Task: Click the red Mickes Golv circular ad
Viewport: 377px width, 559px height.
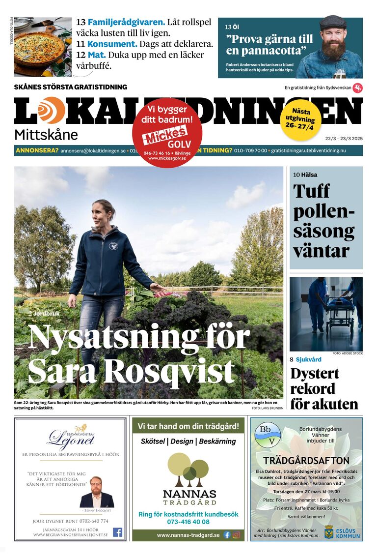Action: click(x=167, y=132)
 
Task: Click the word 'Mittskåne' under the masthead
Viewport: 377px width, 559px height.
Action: click(x=46, y=134)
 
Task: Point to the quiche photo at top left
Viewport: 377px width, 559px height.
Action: click(x=42, y=47)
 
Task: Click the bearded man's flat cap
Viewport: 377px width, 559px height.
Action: click(x=332, y=22)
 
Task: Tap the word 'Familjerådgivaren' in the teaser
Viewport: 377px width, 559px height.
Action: click(x=126, y=23)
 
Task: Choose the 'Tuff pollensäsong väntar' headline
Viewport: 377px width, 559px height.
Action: click(x=323, y=221)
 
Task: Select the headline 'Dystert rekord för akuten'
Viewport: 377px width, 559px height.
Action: click(x=324, y=388)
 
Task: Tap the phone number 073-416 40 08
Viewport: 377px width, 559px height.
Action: click(x=188, y=522)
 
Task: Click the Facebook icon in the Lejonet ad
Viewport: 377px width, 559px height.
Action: click(x=118, y=532)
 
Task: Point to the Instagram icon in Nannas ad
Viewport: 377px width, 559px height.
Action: click(x=236, y=535)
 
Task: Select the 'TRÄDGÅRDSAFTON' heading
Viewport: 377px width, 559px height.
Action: click(x=306, y=461)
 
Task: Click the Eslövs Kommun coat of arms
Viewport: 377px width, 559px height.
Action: click(x=328, y=531)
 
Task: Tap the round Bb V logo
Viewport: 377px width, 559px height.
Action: click(x=268, y=435)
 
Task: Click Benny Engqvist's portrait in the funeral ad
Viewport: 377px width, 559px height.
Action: click(x=97, y=492)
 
